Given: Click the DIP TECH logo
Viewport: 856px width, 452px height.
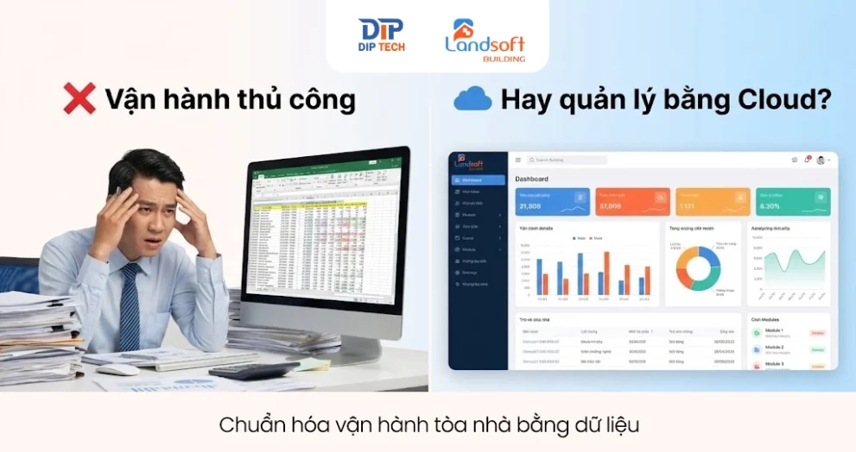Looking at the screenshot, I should point(381,35).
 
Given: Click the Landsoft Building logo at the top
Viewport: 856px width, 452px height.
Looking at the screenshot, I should point(485,37).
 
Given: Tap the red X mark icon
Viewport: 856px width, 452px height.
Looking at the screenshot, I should point(79,99).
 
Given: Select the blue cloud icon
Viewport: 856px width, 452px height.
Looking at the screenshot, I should point(472,99).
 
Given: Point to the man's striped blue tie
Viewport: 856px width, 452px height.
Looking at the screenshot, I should point(130,306).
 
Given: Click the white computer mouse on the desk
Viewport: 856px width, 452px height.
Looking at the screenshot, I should point(117,370).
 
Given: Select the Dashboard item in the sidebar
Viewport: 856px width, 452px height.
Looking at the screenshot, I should point(478,179).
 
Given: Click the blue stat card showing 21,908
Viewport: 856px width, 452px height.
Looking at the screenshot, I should point(552,202).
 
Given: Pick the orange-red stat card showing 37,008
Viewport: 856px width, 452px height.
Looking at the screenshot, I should point(632,202).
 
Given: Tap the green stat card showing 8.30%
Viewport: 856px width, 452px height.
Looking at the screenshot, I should point(793,202).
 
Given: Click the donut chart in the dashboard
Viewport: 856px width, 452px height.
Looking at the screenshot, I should point(698,268).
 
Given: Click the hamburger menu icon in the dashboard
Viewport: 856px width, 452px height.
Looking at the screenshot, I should point(518,160).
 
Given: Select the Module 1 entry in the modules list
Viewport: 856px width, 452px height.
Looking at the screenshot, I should point(776,332).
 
